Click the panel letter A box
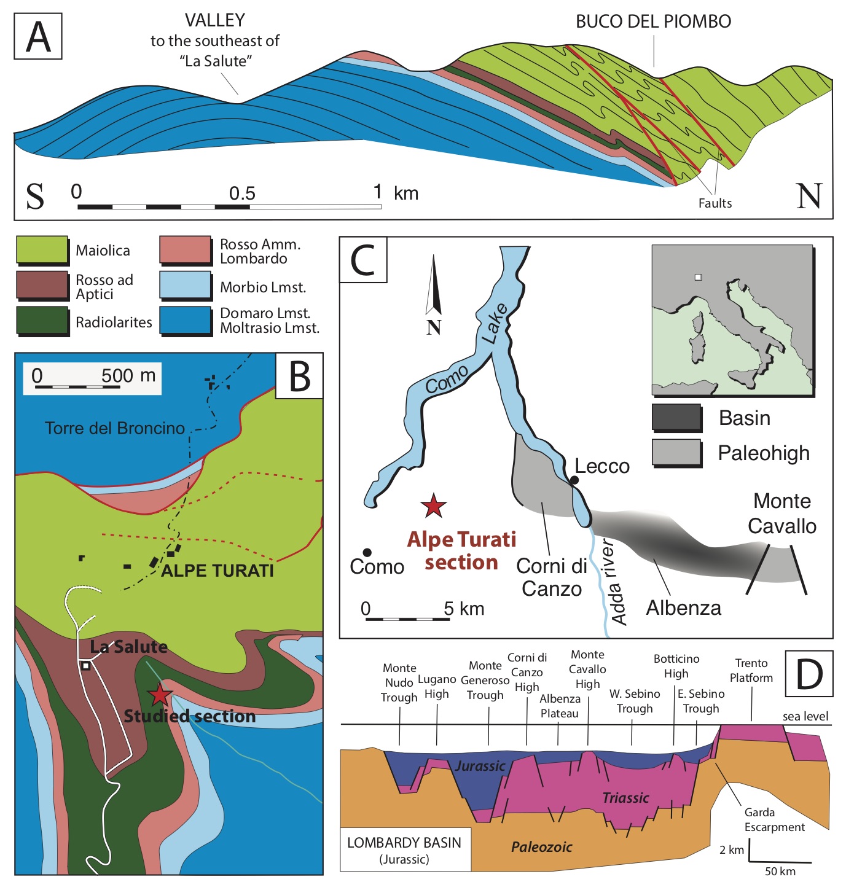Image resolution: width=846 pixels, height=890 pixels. (38, 36)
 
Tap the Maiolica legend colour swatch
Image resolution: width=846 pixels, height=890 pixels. (42, 249)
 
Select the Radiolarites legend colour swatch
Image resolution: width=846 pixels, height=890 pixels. (42, 321)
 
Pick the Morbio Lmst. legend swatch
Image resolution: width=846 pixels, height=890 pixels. (185, 285)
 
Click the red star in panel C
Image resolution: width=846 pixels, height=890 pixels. (434, 506)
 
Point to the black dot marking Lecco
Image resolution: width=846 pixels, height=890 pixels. (574, 480)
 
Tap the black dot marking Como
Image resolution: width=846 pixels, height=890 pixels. (367, 552)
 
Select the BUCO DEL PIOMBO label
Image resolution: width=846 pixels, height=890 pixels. (653, 21)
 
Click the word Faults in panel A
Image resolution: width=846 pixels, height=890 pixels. (715, 203)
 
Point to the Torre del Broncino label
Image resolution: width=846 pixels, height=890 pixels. (114, 427)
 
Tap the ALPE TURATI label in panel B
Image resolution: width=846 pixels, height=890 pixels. (217, 571)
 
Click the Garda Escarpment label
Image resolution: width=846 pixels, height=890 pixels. (775, 820)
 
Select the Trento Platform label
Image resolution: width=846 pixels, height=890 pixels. (751, 671)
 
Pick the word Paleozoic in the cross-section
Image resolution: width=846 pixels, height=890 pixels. (542, 847)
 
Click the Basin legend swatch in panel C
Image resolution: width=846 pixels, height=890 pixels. (676, 417)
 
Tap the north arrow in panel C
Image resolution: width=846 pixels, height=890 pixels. (434, 284)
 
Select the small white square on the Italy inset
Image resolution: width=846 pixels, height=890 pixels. (699, 277)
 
